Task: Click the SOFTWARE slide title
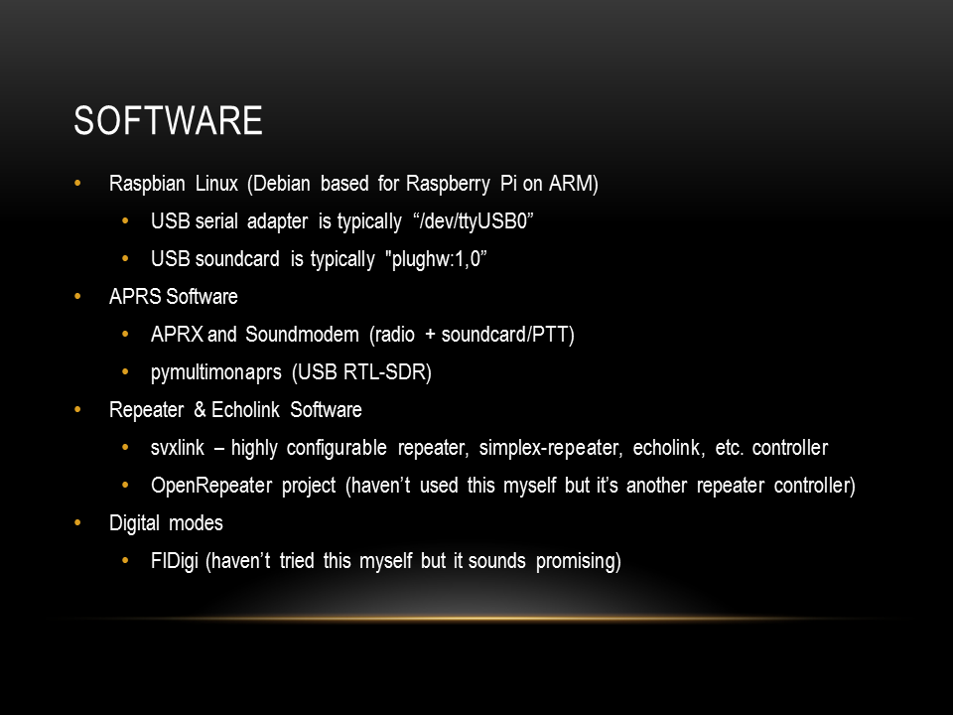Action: coord(168,120)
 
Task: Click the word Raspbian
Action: coord(147,184)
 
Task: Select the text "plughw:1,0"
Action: coord(436,259)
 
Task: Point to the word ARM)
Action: coord(573,184)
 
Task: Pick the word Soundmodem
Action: coord(302,335)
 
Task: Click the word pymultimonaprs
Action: coord(215,372)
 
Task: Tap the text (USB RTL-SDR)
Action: coord(361,372)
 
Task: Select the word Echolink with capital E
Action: coord(245,410)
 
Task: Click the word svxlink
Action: coord(178,448)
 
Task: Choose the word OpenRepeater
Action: coord(211,486)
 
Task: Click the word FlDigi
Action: coord(175,561)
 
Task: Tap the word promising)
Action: coord(578,561)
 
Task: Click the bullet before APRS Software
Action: coord(77,297)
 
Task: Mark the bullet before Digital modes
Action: coord(77,523)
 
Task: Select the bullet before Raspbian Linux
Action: coord(77,183)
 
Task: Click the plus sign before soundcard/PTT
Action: coord(430,335)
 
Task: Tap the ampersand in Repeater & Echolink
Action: coord(200,410)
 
